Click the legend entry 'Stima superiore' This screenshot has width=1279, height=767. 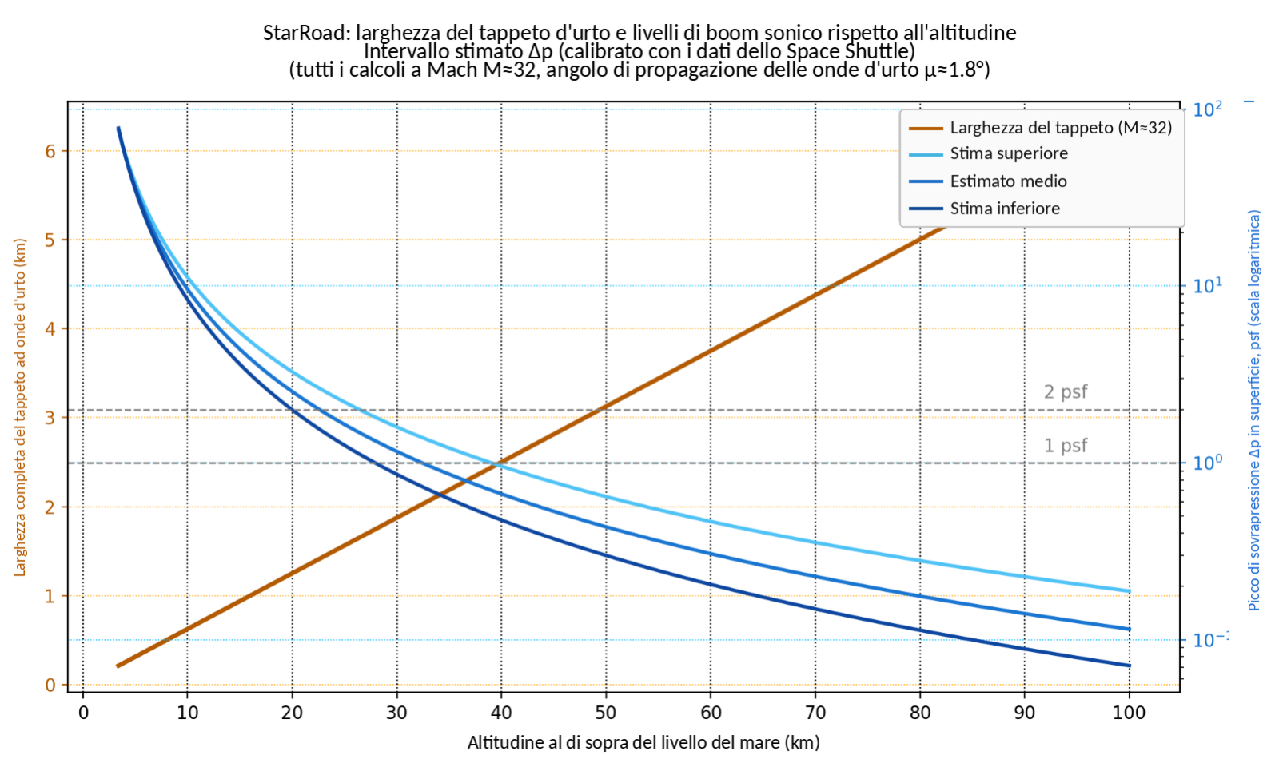click(x=1008, y=153)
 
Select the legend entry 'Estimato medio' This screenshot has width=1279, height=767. click(x=1008, y=181)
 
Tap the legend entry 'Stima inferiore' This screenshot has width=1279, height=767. click(x=1005, y=209)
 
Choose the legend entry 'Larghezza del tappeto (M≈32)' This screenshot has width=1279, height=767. click(x=1061, y=127)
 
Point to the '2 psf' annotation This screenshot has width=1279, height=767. click(x=1066, y=392)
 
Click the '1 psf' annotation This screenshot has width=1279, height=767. click(x=1066, y=446)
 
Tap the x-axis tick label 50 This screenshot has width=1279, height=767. click(x=606, y=713)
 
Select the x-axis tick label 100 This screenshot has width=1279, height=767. click(x=1129, y=713)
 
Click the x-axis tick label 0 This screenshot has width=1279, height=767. click(x=83, y=713)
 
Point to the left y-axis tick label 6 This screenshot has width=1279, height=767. click(x=50, y=151)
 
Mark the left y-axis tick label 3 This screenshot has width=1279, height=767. click(x=50, y=418)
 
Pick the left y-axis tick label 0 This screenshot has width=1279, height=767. click(x=50, y=685)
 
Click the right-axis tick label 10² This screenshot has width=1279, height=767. click(x=1208, y=109)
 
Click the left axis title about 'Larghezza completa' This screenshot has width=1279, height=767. click(x=21, y=407)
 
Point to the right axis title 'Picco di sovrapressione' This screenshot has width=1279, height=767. click(x=1254, y=411)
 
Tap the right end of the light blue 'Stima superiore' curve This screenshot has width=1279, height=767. click(x=1129, y=591)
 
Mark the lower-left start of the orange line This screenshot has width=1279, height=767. click(x=118, y=666)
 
